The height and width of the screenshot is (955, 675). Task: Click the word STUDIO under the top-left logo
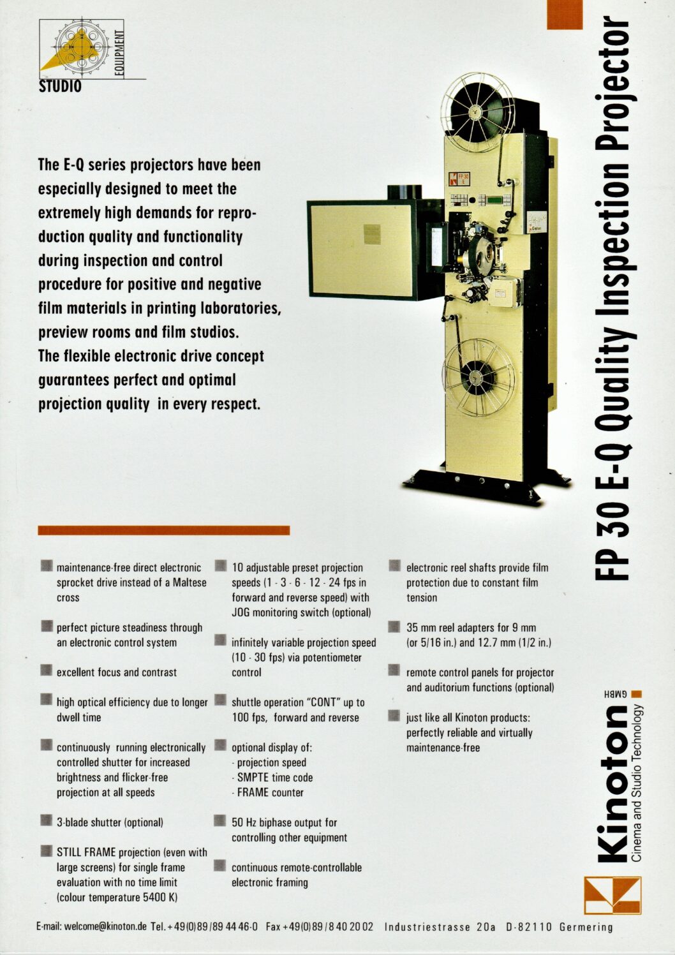click(60, 87)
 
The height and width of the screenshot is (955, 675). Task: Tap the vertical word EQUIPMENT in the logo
click(120, 52)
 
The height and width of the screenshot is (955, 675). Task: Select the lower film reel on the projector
click(478, 378)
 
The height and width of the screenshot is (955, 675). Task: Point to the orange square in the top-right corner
click(565, 15)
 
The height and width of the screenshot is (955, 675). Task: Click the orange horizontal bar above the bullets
click(164, 530)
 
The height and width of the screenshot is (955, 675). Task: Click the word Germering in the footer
click(586, 927)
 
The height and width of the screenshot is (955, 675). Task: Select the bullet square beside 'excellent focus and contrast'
click(46, 670)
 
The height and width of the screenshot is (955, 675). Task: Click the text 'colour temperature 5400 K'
click(116, 898)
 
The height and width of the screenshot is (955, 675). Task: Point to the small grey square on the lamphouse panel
click(372, 235)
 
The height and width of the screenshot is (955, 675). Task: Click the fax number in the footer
click(320, 927)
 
